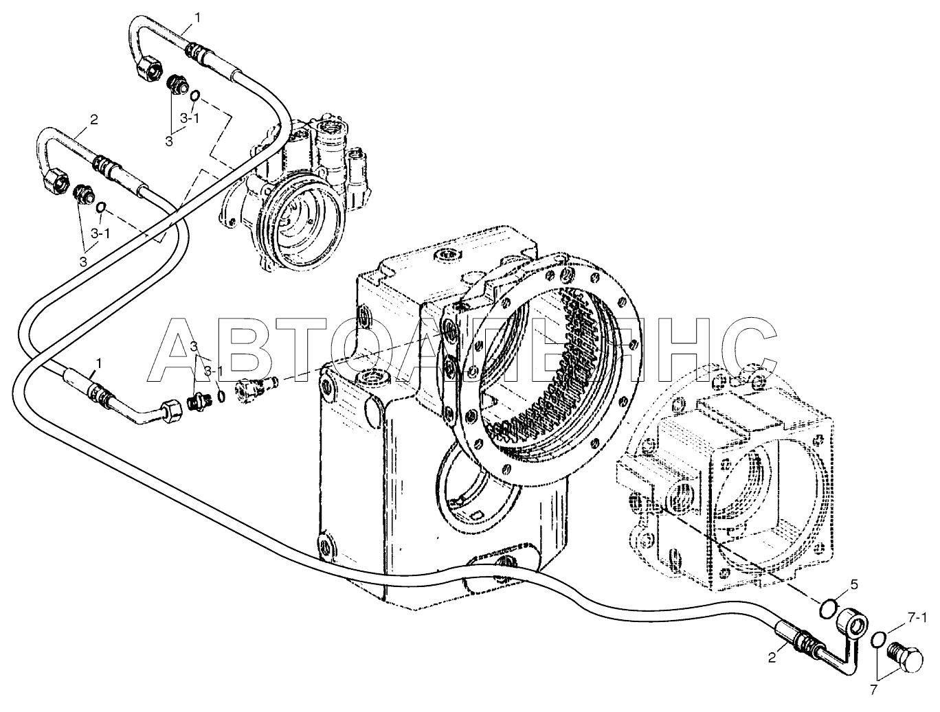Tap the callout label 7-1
(x=917, y=617)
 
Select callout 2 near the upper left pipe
(x=93, y=119)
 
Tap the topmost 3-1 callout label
(x=189, y=118)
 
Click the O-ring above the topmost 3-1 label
(x=195, y=95)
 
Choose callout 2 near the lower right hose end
(x=772, y=669)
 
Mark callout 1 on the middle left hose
(x=99, y=364)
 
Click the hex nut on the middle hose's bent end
(x=171, y=411)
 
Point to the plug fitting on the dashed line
(x=256, y=389)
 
